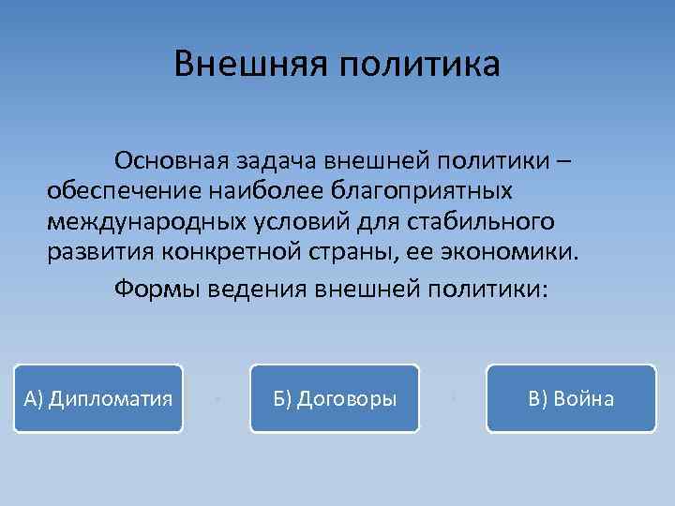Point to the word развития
[100, 253]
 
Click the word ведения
[264, 286]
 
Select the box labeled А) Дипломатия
[98, 398]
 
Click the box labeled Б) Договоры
[335, 398]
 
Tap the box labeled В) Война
[571, 398]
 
